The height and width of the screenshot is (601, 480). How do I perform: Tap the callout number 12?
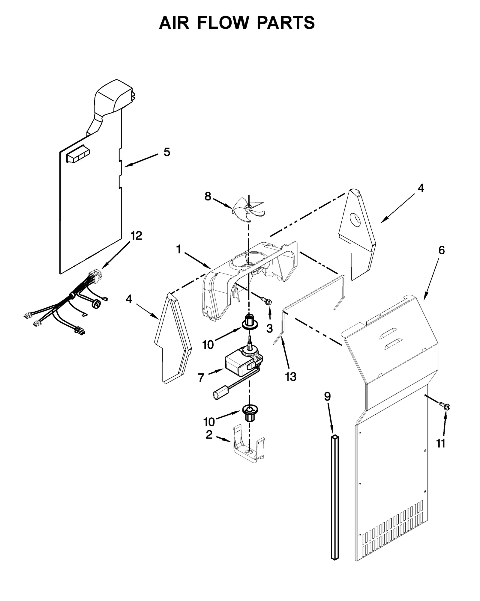(136, 236)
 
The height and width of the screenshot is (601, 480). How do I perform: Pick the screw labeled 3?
(266, 300)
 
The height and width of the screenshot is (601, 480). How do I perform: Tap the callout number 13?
(291, 377)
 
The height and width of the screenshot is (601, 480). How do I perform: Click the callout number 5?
(167, 152)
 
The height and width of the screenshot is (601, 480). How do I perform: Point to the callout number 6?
(441, 250)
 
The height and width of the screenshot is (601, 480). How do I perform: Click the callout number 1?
(179, 249)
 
